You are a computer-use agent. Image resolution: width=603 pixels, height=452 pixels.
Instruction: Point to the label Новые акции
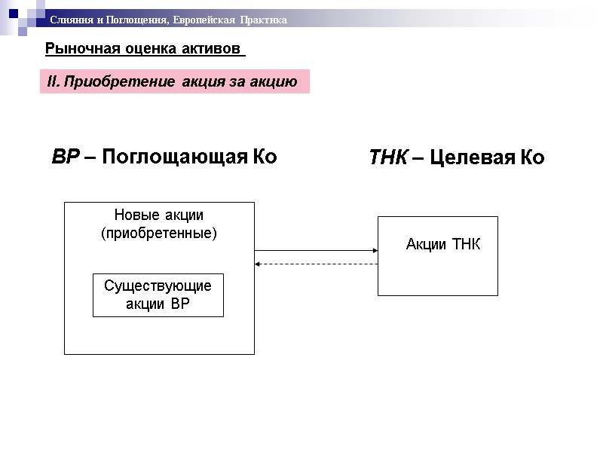158,215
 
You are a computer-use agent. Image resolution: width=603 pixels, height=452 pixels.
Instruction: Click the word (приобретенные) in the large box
158,233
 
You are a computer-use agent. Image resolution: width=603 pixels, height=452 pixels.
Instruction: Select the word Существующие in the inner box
158,286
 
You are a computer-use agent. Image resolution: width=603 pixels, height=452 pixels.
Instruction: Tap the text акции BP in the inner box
158,304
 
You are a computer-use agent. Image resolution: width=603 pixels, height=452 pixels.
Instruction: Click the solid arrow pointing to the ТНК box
317,251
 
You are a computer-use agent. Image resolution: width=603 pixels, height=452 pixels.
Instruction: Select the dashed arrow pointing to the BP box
317,264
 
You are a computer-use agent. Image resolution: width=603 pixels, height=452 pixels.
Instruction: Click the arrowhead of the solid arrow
373,251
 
